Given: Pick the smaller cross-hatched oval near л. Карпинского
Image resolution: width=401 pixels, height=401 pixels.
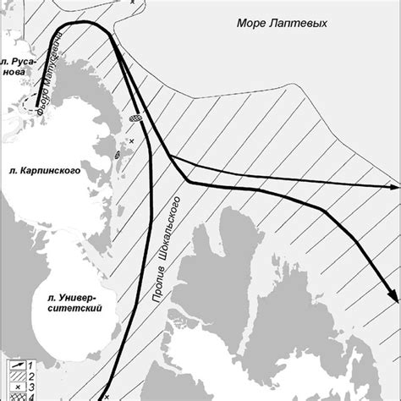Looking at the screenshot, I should click(x=118, y=155).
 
